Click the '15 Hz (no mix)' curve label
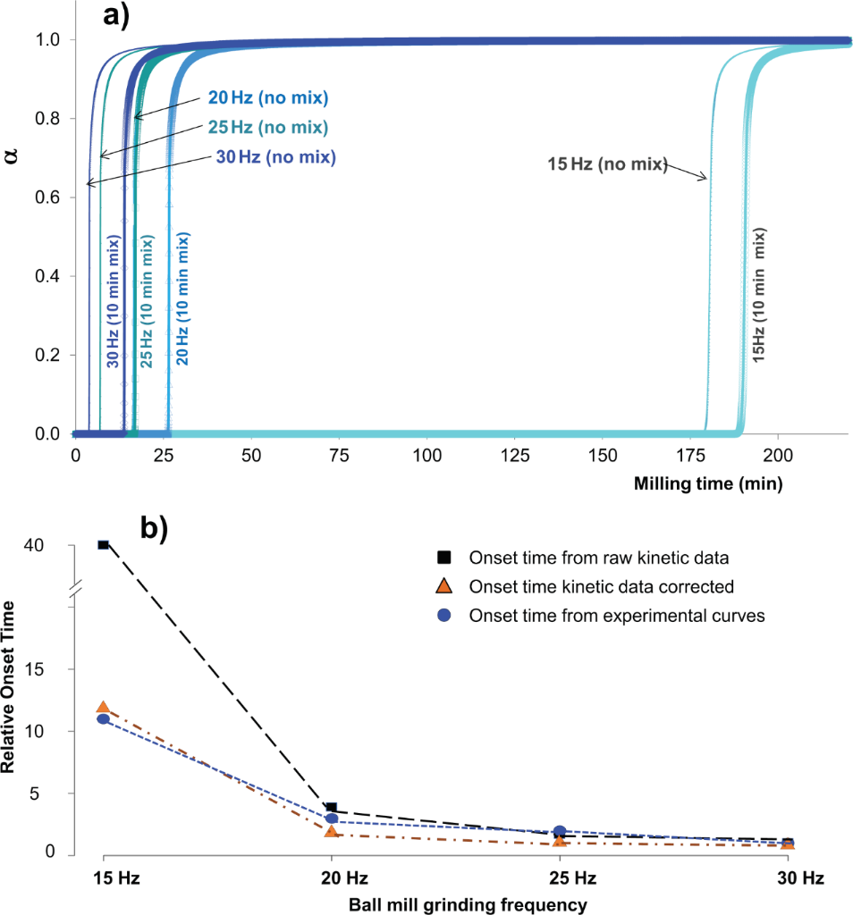click(x=607, y=164)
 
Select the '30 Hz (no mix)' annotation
click(x=274, y=157)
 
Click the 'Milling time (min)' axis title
click(x=708, y=485)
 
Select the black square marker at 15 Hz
click(x=104, y=544)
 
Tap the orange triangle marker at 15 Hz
click(x=104, y=708)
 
